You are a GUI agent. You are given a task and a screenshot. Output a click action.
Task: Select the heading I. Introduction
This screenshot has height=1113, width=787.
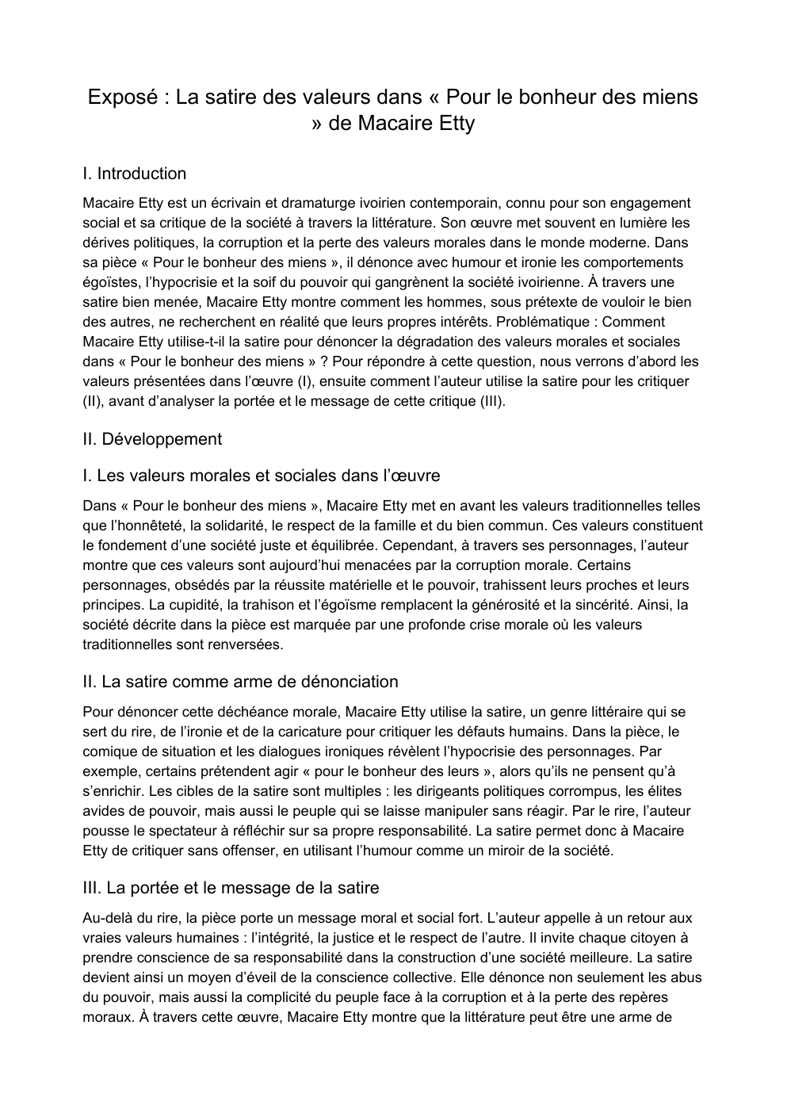click(x=134, y=174)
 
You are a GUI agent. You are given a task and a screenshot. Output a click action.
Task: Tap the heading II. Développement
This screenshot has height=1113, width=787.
click(x=152, y=439)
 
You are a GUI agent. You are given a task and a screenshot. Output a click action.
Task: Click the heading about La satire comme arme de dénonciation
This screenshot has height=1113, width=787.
click(x=240, y=682)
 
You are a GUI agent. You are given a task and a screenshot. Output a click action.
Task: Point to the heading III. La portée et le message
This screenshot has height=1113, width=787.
click(x=231, y=888)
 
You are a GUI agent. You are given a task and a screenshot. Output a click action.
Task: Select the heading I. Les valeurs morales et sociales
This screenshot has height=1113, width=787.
click(x=261, y=476)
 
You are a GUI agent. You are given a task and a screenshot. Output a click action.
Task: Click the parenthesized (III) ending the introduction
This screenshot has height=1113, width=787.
click(x=491, y=401)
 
